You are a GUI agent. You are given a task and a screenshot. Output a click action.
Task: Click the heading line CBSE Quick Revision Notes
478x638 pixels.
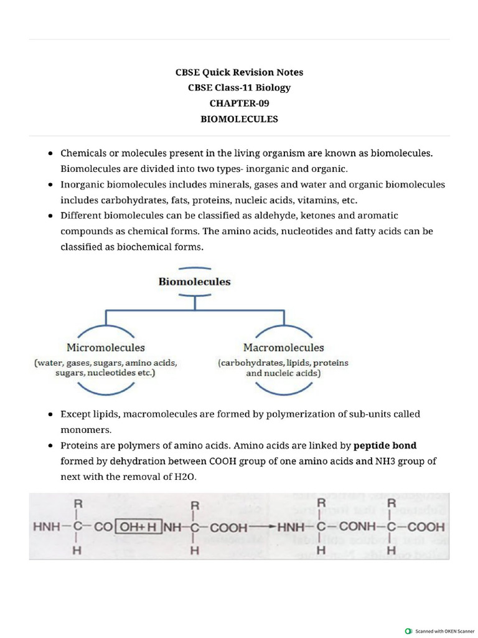239,72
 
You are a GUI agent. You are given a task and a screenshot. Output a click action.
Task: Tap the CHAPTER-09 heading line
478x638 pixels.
239,103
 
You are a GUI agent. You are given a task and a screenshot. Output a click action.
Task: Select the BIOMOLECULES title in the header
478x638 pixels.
239,119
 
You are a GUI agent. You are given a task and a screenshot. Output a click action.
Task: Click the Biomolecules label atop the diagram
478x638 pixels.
194,282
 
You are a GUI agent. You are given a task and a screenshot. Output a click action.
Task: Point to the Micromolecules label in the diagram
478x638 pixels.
106,348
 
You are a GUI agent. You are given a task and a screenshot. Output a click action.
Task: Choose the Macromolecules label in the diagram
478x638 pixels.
283,348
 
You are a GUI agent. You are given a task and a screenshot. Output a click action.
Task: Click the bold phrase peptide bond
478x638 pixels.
385,445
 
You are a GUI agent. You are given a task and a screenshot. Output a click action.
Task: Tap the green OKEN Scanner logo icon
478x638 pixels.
408,631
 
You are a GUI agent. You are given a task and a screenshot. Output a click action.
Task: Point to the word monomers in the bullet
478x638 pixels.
86,430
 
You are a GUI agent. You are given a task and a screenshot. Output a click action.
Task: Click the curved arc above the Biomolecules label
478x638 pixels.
194,269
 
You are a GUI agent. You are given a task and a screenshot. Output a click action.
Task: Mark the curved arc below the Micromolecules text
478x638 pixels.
106,391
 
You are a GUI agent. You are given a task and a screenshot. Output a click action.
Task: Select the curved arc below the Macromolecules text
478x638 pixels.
283,391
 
